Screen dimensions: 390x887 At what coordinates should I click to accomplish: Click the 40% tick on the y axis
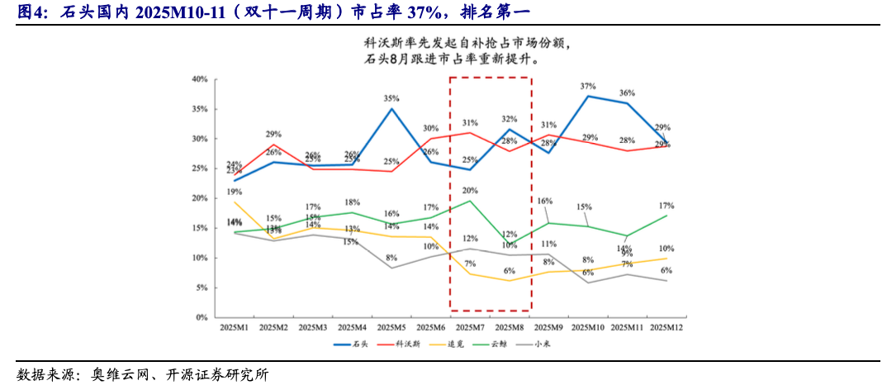(x=198, y=79)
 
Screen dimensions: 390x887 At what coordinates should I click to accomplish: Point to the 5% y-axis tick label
(x=200, y=288)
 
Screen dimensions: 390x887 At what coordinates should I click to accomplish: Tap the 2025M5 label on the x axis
(x=391, y=328)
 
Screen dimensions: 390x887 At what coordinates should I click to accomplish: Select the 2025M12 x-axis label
(x=666, y=328)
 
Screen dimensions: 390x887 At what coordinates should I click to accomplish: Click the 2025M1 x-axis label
(x=235, y=328)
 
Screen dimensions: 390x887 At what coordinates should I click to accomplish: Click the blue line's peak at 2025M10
(x=588, y=96)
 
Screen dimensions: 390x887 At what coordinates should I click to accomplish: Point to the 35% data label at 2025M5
(x=391, y=98)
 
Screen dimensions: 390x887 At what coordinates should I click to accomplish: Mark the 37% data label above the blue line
(x=588, y=86)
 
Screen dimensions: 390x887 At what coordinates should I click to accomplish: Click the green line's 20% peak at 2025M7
(x=470, y=201)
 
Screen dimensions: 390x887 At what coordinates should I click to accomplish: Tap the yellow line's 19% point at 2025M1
(x=235, y=202)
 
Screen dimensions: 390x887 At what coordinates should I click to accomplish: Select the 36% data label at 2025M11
(x=627, y=93)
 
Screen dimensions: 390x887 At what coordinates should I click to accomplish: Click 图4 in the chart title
(x=31, y=12)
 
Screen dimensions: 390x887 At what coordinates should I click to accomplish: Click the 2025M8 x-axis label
(x=510, y=328)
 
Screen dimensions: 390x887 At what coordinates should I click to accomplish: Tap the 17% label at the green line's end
(x=666, y=205)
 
